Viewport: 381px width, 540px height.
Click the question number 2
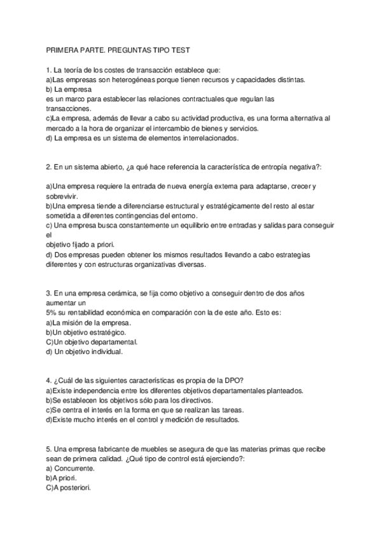pyautogui.click(x=48, y=167)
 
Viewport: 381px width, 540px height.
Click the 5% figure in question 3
pyautogui.click(x=52, y=313)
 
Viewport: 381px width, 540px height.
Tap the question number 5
pyautogui.click(x=48, y=449)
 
